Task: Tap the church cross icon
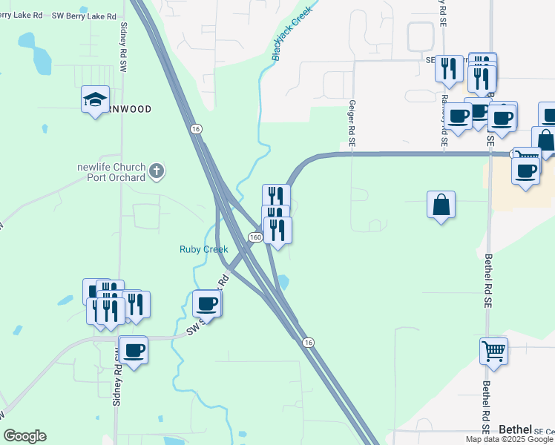[x=156, y=171]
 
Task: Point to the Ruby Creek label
[x=203, y=249]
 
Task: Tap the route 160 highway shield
[x=254, y=237]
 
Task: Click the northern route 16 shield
[x=195, y=128]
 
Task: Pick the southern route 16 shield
[x=308, y=341]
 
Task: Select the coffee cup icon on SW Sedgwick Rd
[x=208, y=303]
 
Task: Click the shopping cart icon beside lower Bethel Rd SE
[x=493, y=351]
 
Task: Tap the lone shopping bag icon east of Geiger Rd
[x=441, y=205]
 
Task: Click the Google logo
[x=24, y=436]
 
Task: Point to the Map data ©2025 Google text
[x=509, y=439]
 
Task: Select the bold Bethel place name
[x=515, y=429]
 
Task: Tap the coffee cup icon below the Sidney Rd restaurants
[x=134, y=350]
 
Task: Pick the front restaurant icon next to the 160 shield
[x=277, y=230]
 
